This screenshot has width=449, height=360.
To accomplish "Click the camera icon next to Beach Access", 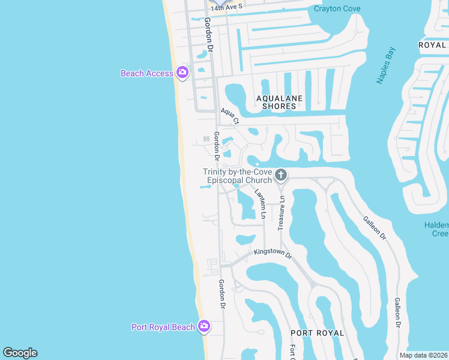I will click(182, 73).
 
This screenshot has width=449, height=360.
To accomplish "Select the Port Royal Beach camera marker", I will click(204, 326).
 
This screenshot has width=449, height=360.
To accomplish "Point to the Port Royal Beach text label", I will click(163, 327).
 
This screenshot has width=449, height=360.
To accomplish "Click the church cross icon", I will click(280, 175).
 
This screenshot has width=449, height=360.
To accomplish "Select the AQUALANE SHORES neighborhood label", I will click(279, 102).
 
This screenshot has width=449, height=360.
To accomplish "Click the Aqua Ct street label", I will click(230, 116).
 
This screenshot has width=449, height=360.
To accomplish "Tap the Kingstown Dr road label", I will click(272, 254).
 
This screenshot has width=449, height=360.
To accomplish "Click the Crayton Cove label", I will click(337, 8).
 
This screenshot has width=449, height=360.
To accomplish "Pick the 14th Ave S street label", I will click(226, 6).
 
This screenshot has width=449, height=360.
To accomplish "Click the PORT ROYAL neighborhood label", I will click(318, 333).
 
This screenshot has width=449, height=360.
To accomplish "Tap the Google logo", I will click(20, 353).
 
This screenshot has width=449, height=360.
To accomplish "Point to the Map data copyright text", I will click(423, 355).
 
